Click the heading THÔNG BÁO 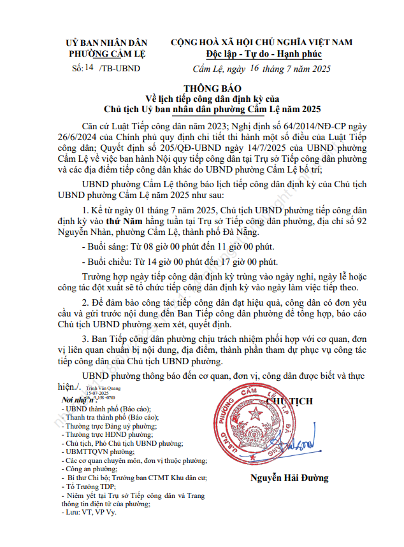click(201, 89)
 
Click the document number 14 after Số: click(89, 67)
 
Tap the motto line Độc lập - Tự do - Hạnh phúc click(261, 53)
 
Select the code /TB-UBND click(120, 67)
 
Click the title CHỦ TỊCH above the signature click(287, 401)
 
